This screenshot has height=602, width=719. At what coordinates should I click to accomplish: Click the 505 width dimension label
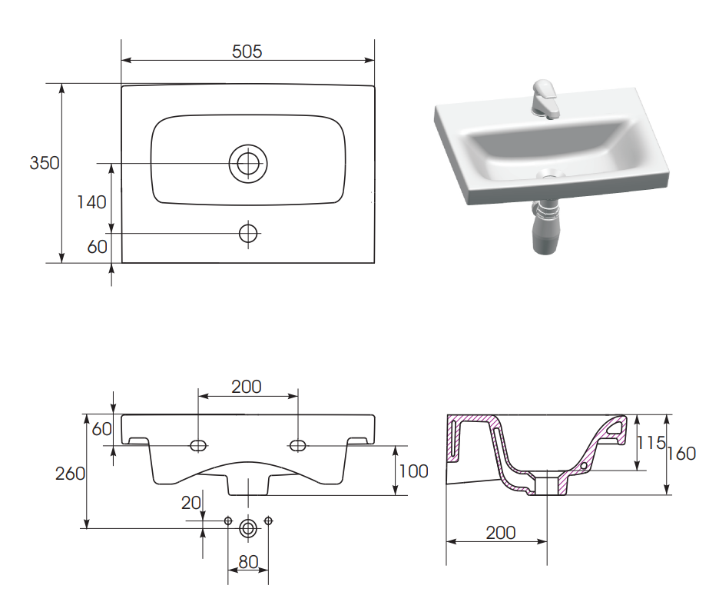247,52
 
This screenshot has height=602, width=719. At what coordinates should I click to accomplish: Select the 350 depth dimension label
45,163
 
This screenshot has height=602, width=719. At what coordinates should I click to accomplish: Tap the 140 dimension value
91,202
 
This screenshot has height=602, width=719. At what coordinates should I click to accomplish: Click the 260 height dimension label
70,474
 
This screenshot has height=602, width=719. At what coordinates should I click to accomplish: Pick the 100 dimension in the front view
413,471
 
